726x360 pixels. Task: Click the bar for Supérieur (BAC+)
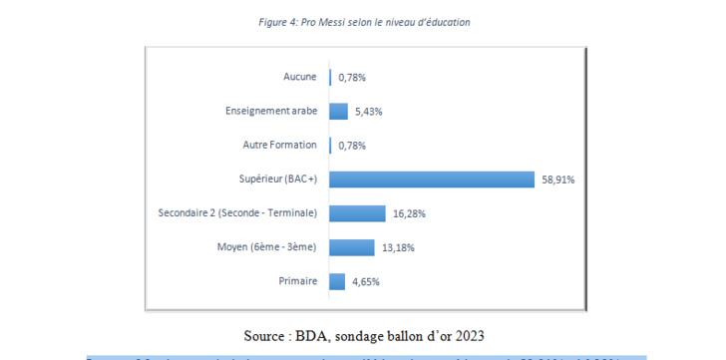(x=432, y=180)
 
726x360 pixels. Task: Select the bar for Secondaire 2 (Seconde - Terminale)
(x=357, y=213)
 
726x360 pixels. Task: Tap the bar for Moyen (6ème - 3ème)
(x=352, y=247)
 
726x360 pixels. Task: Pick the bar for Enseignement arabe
(x=338, y=111)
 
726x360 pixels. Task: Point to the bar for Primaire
(x=337, y=282)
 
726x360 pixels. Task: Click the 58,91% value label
(x=558, y=180)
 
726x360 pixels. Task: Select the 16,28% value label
(x=409, y=214)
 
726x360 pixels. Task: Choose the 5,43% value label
(x=369, y=112)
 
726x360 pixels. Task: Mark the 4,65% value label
(x=366, y=283)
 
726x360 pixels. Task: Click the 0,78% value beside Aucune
(x=352, y=77)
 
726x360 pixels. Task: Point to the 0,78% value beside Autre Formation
(x=352, y=146)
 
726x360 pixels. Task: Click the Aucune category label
(x=299, y=77)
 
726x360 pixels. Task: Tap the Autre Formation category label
(x=279, y=146)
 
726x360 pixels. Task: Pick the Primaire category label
(x=297, y=282)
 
